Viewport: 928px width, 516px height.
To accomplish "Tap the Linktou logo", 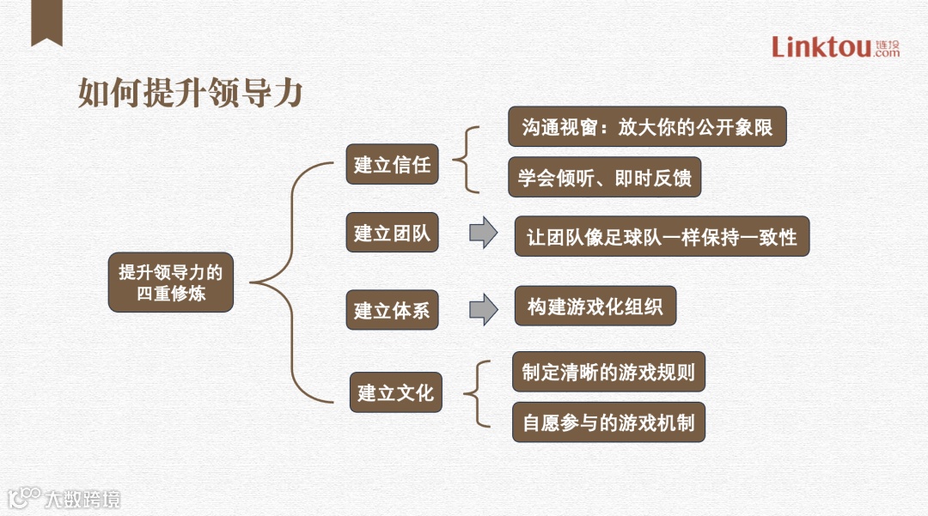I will pyautogui.click(x=834, y=46).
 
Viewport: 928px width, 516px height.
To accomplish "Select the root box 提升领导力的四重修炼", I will pyautogui.click(x=170, y=282).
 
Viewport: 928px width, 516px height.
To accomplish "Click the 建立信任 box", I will pyautogui.click(x=392, y=164).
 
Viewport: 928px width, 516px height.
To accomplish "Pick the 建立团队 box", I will pyautogui.click(x=392, y=234).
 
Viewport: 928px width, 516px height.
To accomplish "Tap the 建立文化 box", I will pyautogui.click(x=395, y=393).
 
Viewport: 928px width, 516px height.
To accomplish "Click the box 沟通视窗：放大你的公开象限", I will pyautogui.click(x=647, y=127).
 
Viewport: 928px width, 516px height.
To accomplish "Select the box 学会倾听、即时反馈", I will pyautogui.click(x=605, y=178).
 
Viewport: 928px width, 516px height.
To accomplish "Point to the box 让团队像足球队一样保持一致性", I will pyautogui.click(x=662, y=236).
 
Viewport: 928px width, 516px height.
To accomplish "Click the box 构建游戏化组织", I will pyautogui.click(x=595, y=306).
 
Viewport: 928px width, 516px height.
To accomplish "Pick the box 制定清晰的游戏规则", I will pyautogui.click(x=608, y=372).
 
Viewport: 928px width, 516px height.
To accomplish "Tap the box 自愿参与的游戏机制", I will pyautogui.click(x=608, y=422).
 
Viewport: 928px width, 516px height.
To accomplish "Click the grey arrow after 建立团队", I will pyautogui.click(x=484, y=234).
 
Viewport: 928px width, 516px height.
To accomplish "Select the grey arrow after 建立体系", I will pyautogui.click(x=484, y=309).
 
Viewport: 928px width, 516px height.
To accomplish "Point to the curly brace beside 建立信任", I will pyautogui.click(x=465, y=160).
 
